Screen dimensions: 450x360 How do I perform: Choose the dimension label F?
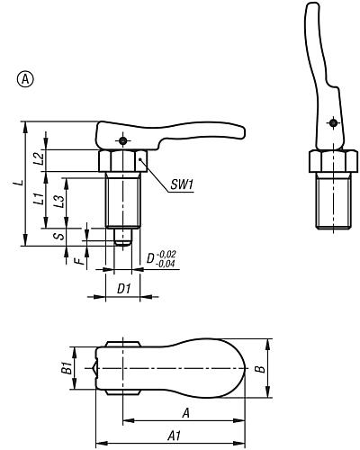78,261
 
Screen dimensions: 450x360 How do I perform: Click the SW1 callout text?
183,186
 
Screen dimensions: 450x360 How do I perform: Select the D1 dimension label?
125,289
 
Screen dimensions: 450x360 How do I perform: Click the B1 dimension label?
64,369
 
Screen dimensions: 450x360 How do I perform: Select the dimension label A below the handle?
185,413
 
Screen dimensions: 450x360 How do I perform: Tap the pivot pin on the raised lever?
332,123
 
